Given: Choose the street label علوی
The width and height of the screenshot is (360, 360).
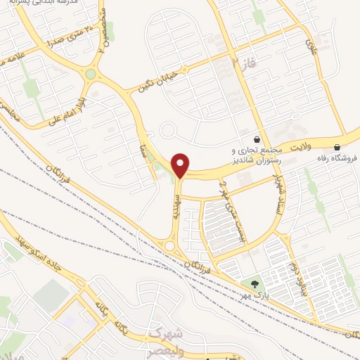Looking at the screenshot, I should coord(311,45).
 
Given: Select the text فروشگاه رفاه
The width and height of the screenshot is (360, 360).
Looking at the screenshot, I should coord(338,157).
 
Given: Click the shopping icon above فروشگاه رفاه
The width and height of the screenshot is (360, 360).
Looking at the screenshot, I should coord(338,147).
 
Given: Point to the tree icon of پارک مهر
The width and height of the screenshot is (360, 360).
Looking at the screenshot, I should coord(253,284).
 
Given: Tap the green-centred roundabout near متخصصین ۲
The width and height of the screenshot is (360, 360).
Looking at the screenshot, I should coord(91,74).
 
